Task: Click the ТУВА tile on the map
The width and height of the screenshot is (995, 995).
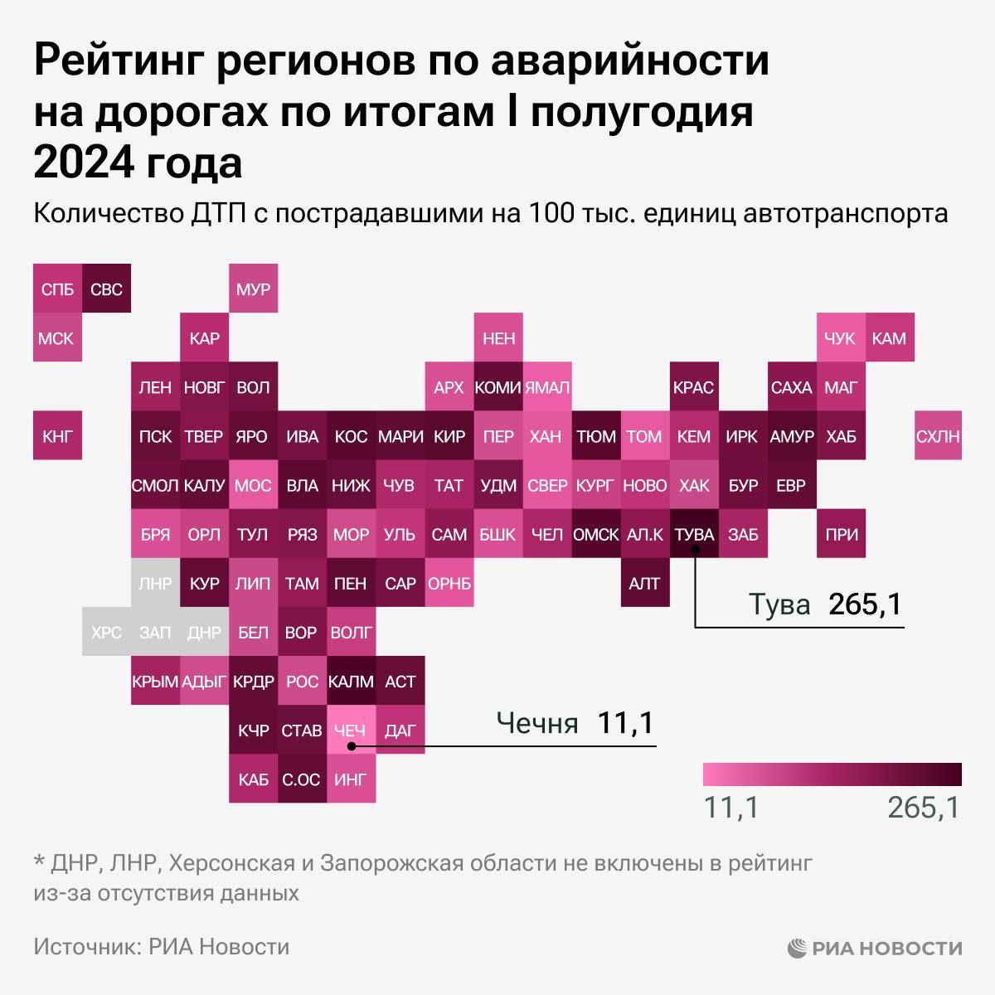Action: pyautogui.click(x=694, y=535)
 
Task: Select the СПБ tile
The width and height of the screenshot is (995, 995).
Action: pyautogui.click(x=57, y=289)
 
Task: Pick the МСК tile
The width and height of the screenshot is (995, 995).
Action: pyautogui.click(x=57, y=338)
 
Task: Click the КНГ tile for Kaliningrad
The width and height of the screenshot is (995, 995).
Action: pyautogui.click(x=57, y=436)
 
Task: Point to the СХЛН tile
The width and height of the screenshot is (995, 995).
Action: pyautogui.click(x=938, y=436)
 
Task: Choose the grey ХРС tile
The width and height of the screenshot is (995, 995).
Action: pyautogui.click(x=106, y=633)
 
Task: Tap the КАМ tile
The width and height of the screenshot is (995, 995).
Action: pyautogui.click(x=889, y=338)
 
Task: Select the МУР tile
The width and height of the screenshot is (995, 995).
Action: pyautogui.click(x=253, y=289)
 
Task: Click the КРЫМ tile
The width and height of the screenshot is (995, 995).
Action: pyautogui.click(x=155, y=682)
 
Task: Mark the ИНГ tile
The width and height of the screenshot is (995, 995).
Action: pyautogui.click(x=350, y=779)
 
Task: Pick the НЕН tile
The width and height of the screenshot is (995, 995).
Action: pyautogui.click(x=498, y=338)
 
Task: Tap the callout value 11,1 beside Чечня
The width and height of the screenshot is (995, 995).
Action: pyautogui.click(x=625, y=723)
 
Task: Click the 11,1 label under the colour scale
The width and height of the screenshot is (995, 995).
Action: pyautogui.click(x=731, y=807)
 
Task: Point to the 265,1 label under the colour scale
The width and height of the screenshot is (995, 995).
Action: pyautogui.click(x=924, y=807)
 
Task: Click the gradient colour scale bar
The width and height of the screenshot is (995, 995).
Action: pyautogui.click(x=832, y=774)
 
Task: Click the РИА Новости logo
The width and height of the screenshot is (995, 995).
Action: pyautogui.click(x=875, y=948)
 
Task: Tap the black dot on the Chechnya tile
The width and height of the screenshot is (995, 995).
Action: pyautogui.click(x=352, y=745)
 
